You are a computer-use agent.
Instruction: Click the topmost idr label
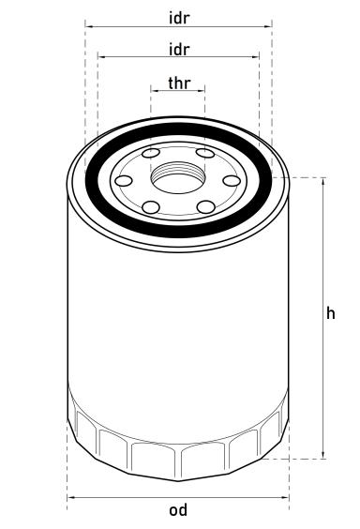(x=178, y=17)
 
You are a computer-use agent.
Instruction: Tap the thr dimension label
(x=178, y=83)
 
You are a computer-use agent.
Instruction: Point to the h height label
(x=330, y=314)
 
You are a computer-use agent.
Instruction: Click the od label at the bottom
(x=178, y=510)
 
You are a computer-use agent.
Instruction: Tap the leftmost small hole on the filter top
(x=124, y=180)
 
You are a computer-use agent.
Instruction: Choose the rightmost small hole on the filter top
(x=232, y=180)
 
